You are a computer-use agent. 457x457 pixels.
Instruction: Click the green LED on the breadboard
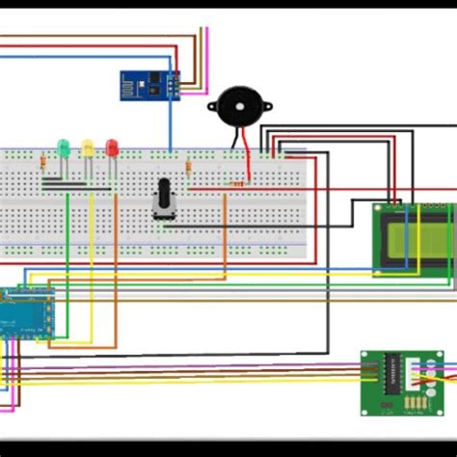pyautogui.click(x=64, y=148)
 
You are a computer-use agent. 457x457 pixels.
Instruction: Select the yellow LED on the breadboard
pyautogui.click(x=88, y=148)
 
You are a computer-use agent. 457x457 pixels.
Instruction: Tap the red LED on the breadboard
pyautogui.click(x=112, y=148)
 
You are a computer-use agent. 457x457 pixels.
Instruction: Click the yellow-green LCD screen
pyautogui.click(x=414, y=240)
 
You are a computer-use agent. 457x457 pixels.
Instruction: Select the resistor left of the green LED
pyautogui.click(x=42, y=163)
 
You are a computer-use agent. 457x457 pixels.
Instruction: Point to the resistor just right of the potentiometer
pyautogui.click(x=188, y=171)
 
